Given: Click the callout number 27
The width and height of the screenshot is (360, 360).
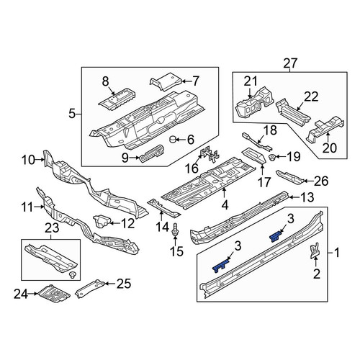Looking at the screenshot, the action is [x=290, y=63].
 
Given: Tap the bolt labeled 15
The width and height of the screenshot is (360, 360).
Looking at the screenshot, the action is [x=175, y=230].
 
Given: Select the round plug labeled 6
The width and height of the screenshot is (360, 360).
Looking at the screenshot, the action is [x=173, y=139].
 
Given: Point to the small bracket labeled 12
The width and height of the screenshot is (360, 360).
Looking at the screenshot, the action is [x=102, y=221].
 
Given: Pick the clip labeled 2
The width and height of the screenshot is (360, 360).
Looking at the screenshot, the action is [x=315, y=251].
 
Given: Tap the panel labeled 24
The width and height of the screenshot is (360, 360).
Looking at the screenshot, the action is [x=53, y=294].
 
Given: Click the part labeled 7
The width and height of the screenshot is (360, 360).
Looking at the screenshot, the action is [x=166, y=81].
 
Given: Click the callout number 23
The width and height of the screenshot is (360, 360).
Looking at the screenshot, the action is [x=52, y=228].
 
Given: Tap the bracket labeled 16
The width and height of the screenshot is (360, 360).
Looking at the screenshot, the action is [x=210, y=155].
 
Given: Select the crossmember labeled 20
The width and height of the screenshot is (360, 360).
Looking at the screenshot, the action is [x=325, y=128].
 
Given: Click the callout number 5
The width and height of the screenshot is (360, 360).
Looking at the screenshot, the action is [x=72, y=114].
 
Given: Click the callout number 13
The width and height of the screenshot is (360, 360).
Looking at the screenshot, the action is [x=307, y=197].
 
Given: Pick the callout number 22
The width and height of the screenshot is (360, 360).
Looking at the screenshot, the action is [x=311, y=96].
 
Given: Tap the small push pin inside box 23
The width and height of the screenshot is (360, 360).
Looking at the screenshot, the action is [x=72, y=275].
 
